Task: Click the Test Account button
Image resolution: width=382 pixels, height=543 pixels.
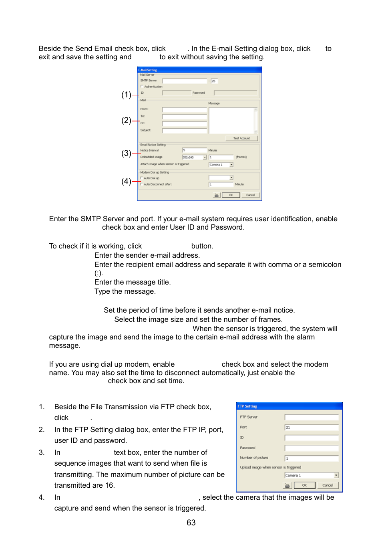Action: (x=241, y=138)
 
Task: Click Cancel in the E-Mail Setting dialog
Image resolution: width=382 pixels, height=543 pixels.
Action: (x=250, y=195)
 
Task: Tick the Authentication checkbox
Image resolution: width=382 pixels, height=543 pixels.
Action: (x=142, y=87)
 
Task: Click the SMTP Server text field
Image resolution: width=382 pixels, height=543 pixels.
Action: (x=184, y=81)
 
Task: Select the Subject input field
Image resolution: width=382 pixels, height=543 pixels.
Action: (x=184, y=131)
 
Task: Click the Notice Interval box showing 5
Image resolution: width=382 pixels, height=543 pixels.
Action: (x=194, y=150)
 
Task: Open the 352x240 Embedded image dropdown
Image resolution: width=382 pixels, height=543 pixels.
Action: (x=205, y=157)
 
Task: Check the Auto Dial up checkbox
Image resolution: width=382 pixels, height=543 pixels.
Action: (x=142, y=178)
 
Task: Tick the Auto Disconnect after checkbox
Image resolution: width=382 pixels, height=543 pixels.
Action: (x=142, y=184)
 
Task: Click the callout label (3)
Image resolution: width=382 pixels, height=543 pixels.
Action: (x=126, y=153)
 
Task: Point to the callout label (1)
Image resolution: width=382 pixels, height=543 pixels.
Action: (x=126, y=95)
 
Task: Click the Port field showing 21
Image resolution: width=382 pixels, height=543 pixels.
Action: (x=311, y=428)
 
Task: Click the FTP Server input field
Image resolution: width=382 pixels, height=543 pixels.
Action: (x=311, y=417)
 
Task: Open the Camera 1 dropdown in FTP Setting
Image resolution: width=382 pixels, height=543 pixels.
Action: (x=336, y=475)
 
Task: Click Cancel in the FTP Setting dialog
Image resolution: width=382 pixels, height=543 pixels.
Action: (x=328, y=485)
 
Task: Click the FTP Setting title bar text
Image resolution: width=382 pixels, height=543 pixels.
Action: (x=247, y=406)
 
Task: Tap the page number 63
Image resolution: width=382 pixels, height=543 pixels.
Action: (x=191, y=523)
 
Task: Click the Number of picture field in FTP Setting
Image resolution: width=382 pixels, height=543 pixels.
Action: (x=311, y=458)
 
